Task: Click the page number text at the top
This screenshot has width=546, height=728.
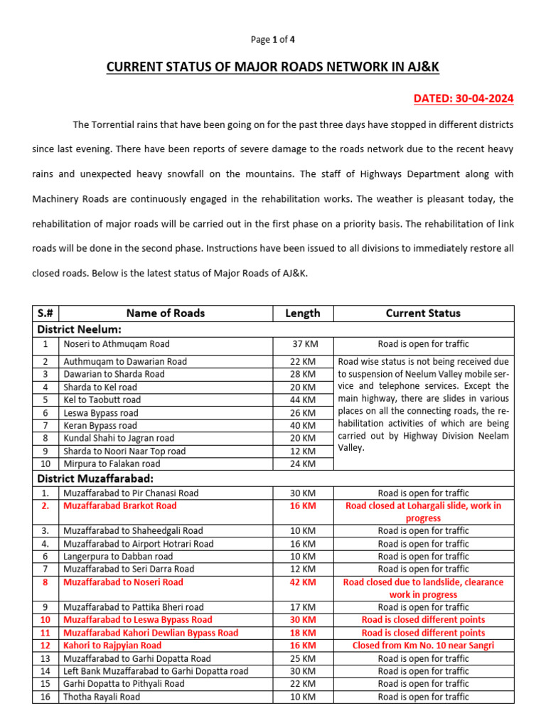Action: tap(273, 40)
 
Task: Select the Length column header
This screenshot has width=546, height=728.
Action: tap(303, 313)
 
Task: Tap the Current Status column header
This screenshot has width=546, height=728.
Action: tap(423, 313)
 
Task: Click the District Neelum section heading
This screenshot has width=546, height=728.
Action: tap(80, 329)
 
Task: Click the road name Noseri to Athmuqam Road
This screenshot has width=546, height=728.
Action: tap(117, 344)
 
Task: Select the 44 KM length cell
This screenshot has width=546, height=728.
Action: tap(303, 400)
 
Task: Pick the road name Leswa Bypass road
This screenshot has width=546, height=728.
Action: tap(101, 413)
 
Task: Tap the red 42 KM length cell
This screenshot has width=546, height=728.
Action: tap(303, 582)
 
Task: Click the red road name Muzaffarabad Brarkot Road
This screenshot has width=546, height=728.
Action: tap(120, 506)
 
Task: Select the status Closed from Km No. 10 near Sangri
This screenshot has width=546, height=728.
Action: tap(423, 646)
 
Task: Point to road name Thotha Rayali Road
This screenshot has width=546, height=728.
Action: tap(102, 697)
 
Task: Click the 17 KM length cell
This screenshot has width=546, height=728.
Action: tap(303, 607)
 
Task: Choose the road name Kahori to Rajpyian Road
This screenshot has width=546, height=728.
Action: tap(112, 646)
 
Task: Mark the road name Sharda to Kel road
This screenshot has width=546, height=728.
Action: tap(100, 387)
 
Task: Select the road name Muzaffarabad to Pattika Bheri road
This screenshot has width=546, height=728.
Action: tap(134, 607)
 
